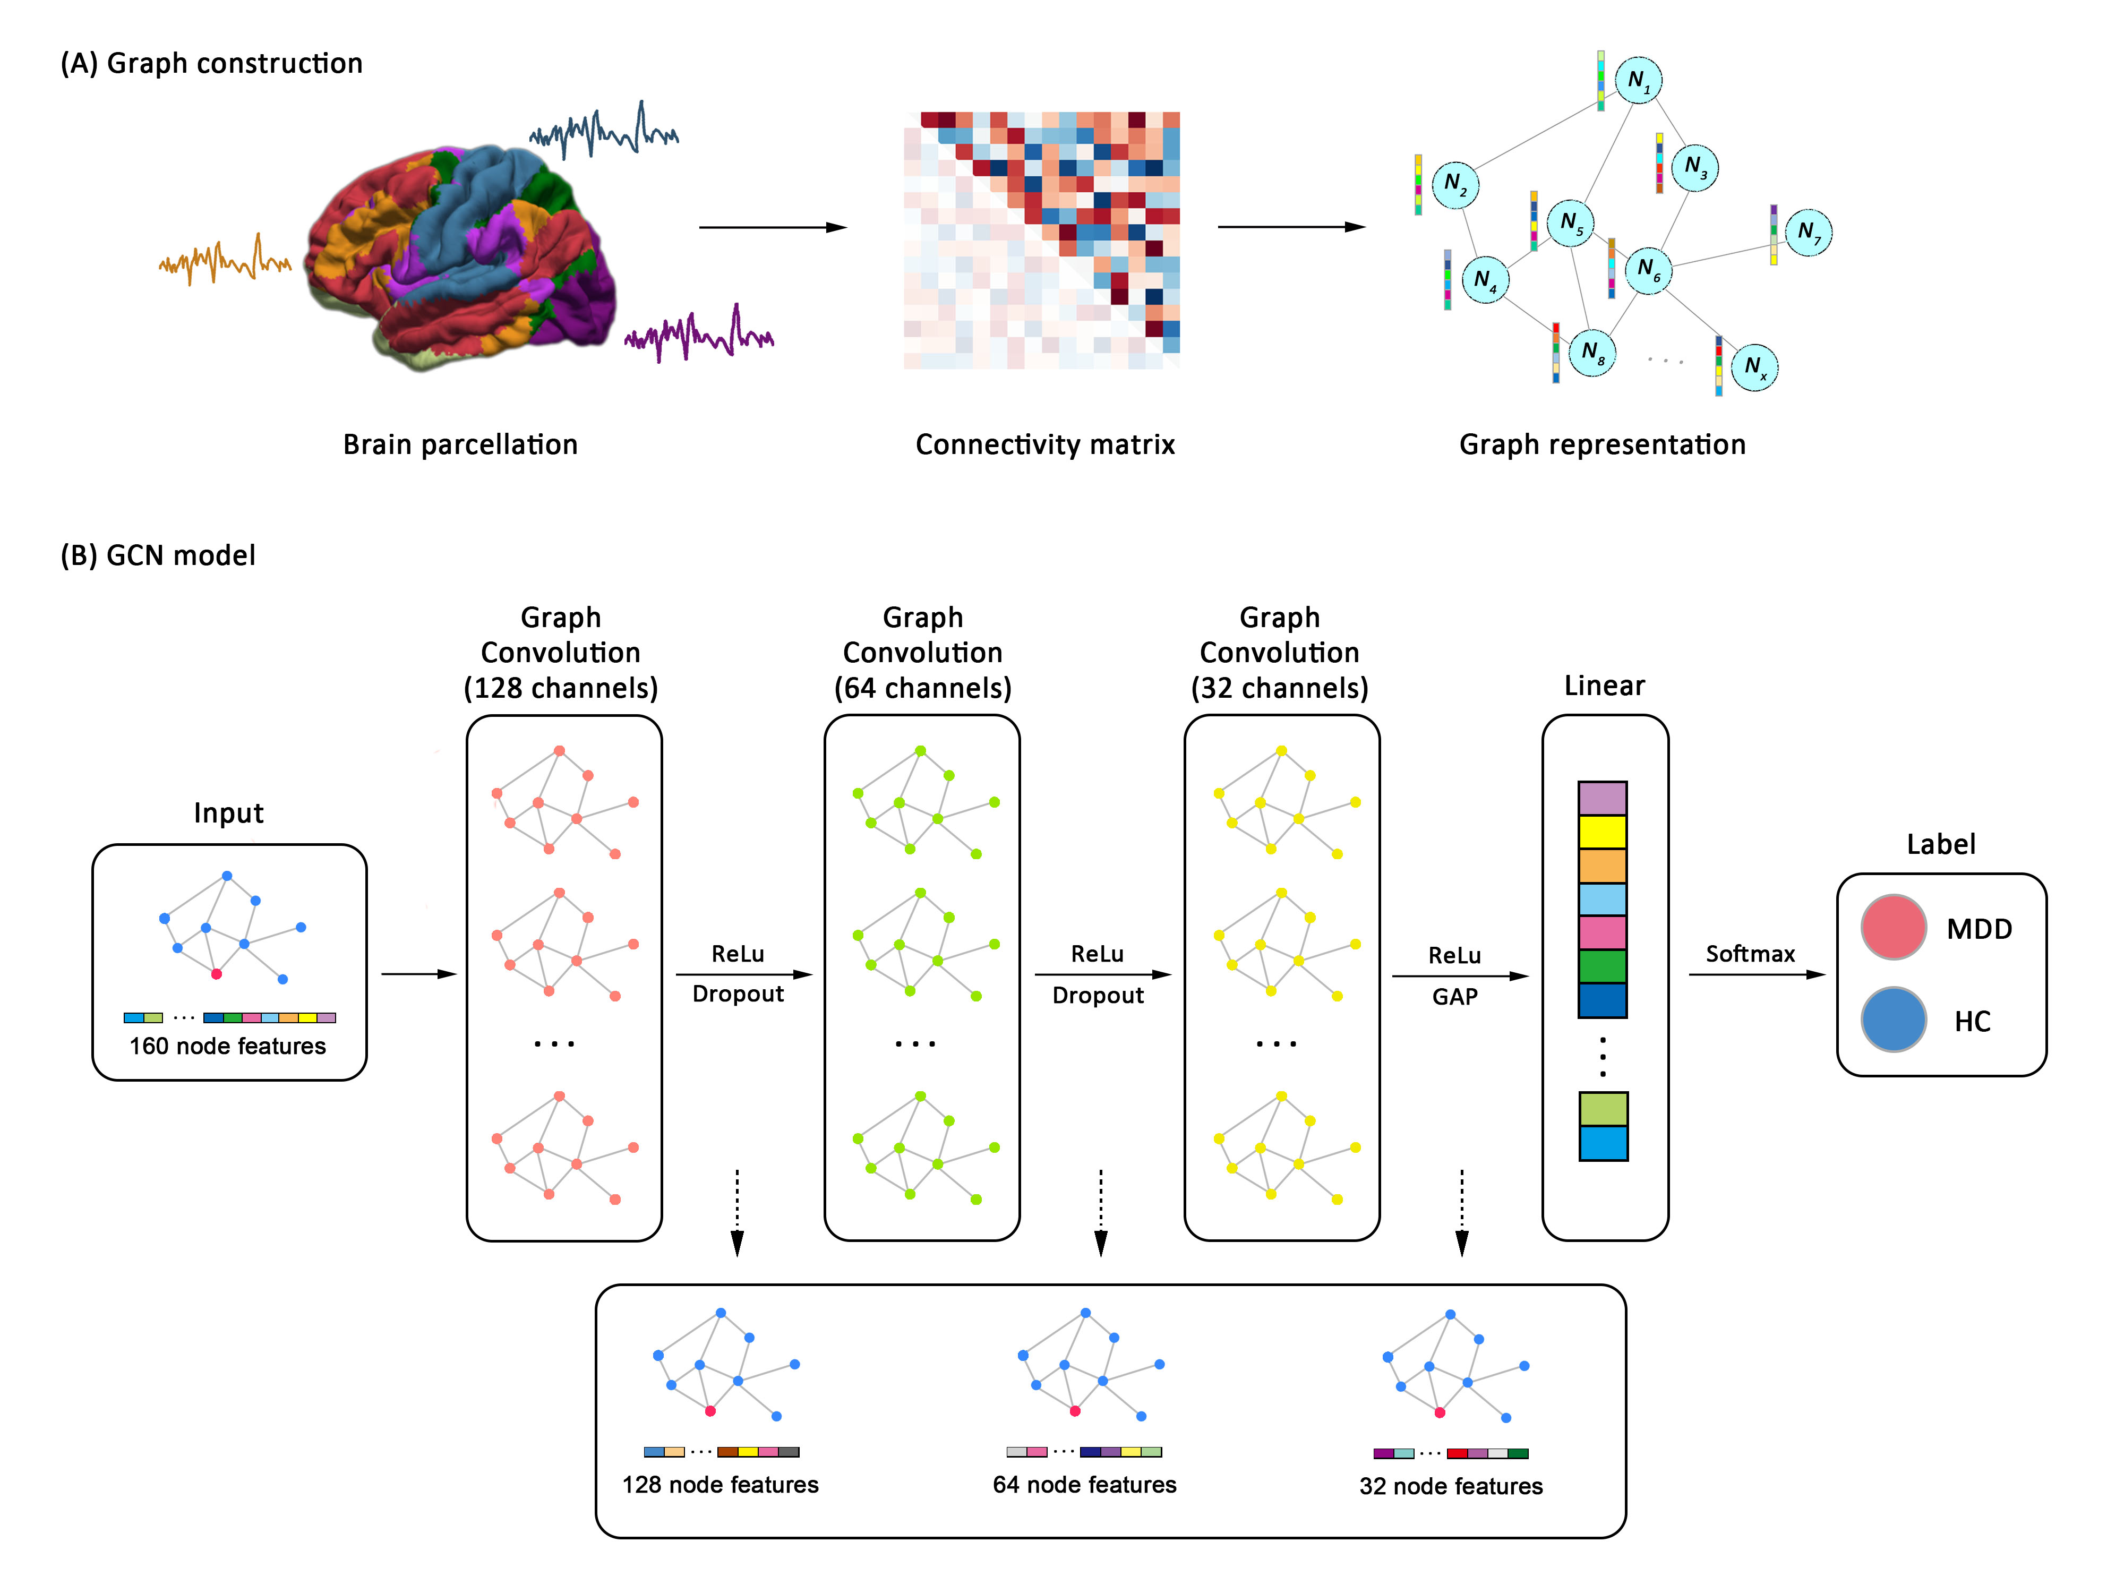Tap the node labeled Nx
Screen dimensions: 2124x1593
pyautogui.click(x=1754, y=367)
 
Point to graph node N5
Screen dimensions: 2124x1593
pyautogui.click(x=1571, y=223)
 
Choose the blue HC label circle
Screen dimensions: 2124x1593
pyautogui.click(x=1892, y=1019)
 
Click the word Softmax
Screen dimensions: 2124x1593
pyautogui.click(x=1750, y=954)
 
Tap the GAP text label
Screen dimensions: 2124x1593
pyautogui.click(x=1455, y=997)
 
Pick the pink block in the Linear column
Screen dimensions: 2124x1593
pyautogui.click(x=1603, y=932)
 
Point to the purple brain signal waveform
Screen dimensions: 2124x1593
pyautogui.click(x=699, y=333)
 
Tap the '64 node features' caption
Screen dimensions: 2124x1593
pyautogui.click(x=1084, y=1485)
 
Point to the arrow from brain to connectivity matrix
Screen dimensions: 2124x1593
pyautogui.click(x=773, y=228)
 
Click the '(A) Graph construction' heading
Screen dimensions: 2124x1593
pyautogui.click(x=211, y=63)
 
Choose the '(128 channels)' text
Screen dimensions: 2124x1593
pyautogui.click(x=561, y=689)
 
